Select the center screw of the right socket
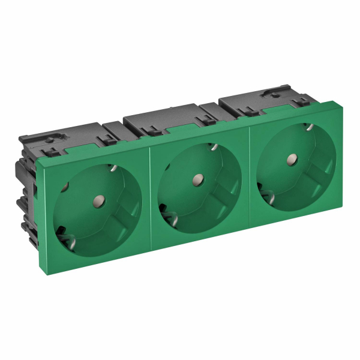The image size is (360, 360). pyautogui.click(x=292, y=160)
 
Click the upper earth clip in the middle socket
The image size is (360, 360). pyautogui.click(x=213, y=147)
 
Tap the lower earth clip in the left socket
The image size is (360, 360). pyautogui.click(x=62, y=230)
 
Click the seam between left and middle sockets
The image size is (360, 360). pyautogui.click(x=150, y=199)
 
